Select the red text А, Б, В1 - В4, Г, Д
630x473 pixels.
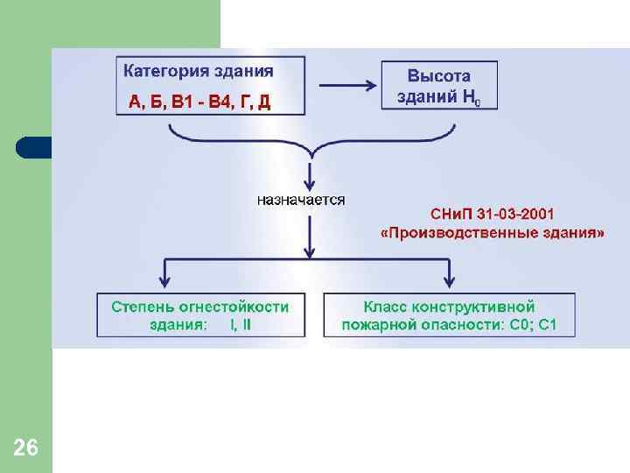[x=199, y=102]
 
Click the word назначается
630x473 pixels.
[x=301, y=200]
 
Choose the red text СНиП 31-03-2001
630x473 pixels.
[x=493, y=215]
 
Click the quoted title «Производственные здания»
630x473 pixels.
[x=493, y=234]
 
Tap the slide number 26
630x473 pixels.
[x=26, y=448]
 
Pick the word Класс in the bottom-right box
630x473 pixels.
[x=388, y=307]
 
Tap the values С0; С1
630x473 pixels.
[x=535, y=326]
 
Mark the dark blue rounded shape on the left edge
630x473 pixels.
[x=33, y=147]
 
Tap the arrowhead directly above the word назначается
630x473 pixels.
[x=309, y=174]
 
